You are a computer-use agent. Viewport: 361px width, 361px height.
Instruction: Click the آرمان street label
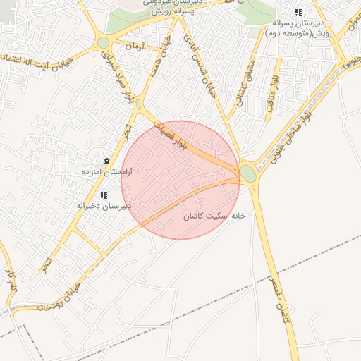133,45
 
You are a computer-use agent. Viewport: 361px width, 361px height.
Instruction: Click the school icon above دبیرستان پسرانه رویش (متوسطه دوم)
298,13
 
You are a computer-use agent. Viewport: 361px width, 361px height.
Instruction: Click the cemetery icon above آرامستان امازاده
106,161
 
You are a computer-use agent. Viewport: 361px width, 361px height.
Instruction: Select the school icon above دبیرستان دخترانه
104,195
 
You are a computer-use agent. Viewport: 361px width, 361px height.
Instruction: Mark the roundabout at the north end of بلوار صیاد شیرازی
104,42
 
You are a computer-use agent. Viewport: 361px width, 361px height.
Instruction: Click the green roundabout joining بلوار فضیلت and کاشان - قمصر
248,173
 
